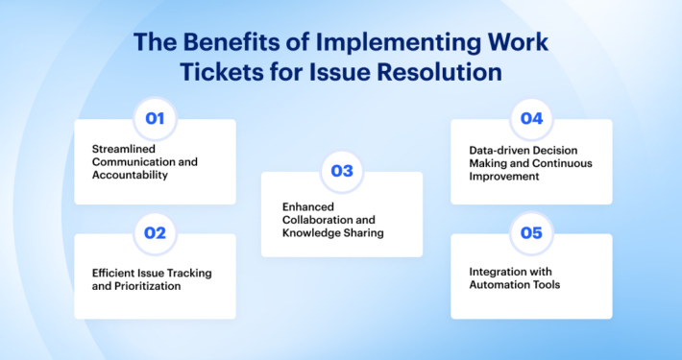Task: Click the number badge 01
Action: (x=155, y=119)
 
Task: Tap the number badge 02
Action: (x=155, y=233)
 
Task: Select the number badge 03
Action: (x=342, y=172)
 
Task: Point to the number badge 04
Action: (x=531, y=119)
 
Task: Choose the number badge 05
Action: (x=531, y=233)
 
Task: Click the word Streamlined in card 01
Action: (x=124, y=149)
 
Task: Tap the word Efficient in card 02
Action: (x=113, y=273)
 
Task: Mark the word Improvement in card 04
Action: (x=501, y=176)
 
